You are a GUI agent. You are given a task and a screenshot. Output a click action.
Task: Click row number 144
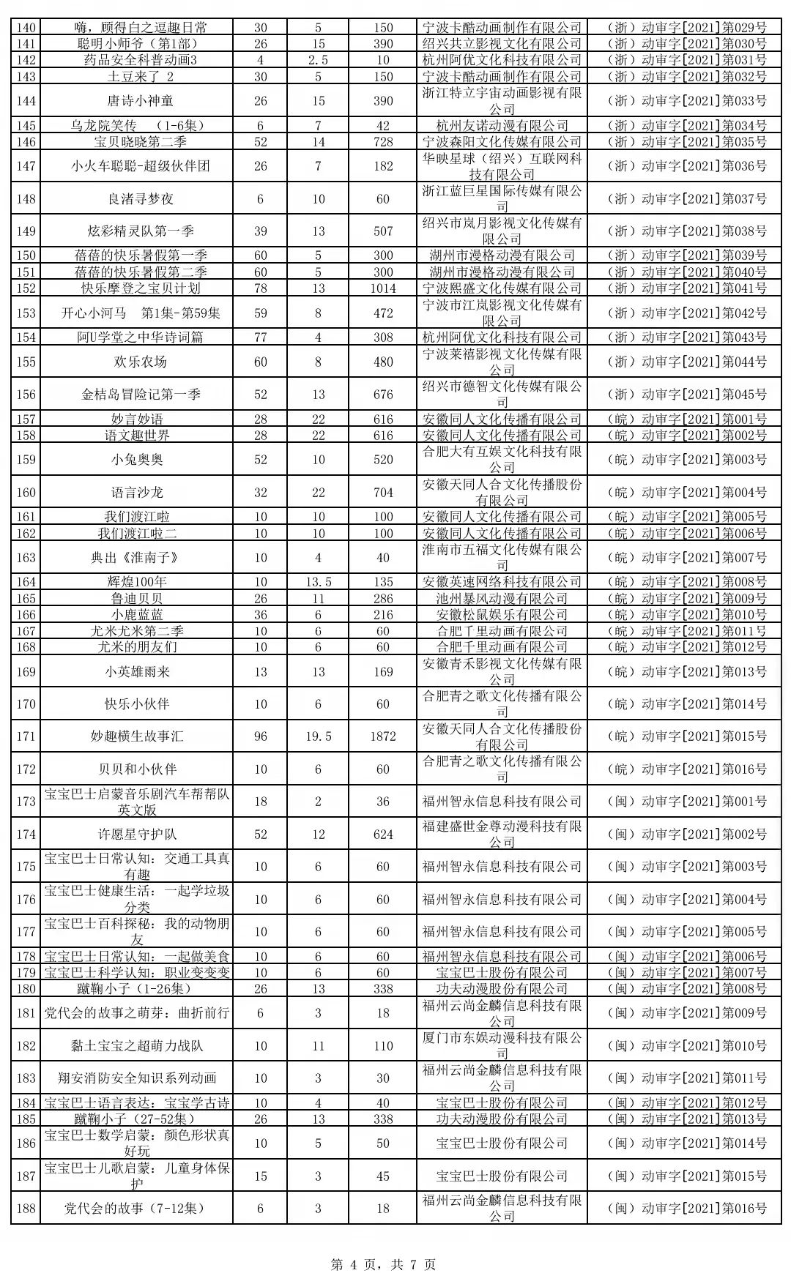(26, 101)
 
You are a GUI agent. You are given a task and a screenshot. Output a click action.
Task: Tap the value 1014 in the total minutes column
(383, 288)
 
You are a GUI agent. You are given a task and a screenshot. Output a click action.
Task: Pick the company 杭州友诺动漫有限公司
(502, 126)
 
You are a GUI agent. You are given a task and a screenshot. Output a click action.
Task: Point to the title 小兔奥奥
(137, 460)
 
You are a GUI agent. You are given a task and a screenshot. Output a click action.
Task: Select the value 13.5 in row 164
(319, 582)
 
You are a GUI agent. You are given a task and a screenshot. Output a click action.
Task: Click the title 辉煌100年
(137, 582)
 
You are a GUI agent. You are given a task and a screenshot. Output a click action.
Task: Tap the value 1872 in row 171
(383, 736)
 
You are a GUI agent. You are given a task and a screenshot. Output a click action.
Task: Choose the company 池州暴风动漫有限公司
(502, 598)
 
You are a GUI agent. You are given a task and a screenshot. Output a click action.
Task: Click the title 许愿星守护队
(137, 835)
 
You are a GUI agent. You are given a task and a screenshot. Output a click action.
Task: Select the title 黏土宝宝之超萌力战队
(137, 1046)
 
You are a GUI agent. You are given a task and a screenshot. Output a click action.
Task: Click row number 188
(26, 1209)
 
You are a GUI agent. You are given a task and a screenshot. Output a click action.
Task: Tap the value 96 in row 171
(261, 736)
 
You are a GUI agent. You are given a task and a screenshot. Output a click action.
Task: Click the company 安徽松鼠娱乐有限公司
(502, 615)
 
